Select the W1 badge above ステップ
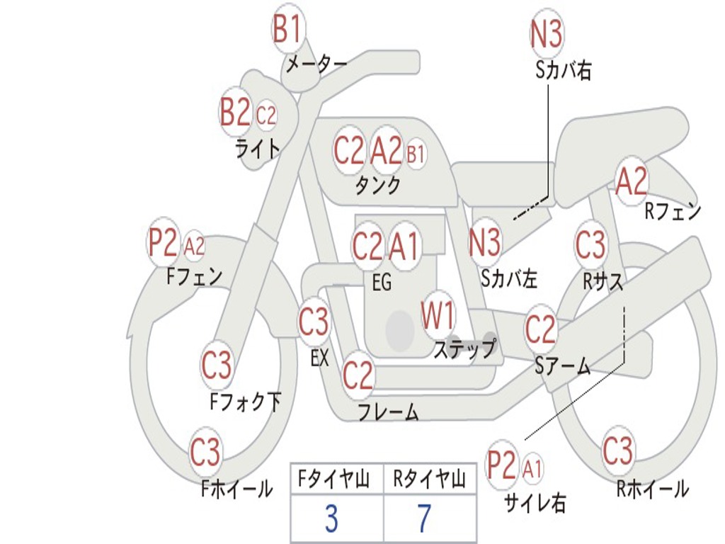(438, 316)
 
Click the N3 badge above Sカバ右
(546, 34)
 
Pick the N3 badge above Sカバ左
(485, 242)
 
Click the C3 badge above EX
(314, 323)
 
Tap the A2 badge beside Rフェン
(631, 182)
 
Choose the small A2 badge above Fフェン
(194, 246)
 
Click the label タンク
(377, 186)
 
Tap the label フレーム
(388, 412)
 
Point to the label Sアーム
(562, 365)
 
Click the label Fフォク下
(246, 402)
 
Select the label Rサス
(603, 281)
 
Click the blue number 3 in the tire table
(331, 519)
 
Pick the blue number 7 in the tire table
(424, 519)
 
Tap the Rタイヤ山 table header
(429, 481)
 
